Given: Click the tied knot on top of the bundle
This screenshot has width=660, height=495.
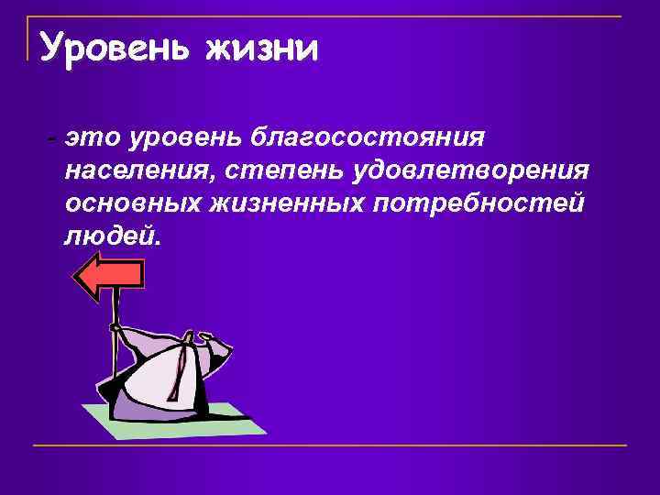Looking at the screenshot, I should point(190,339).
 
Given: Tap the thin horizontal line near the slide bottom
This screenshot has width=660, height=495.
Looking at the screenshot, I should point(330,446).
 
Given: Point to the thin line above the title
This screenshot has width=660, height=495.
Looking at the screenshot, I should point(330,16).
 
